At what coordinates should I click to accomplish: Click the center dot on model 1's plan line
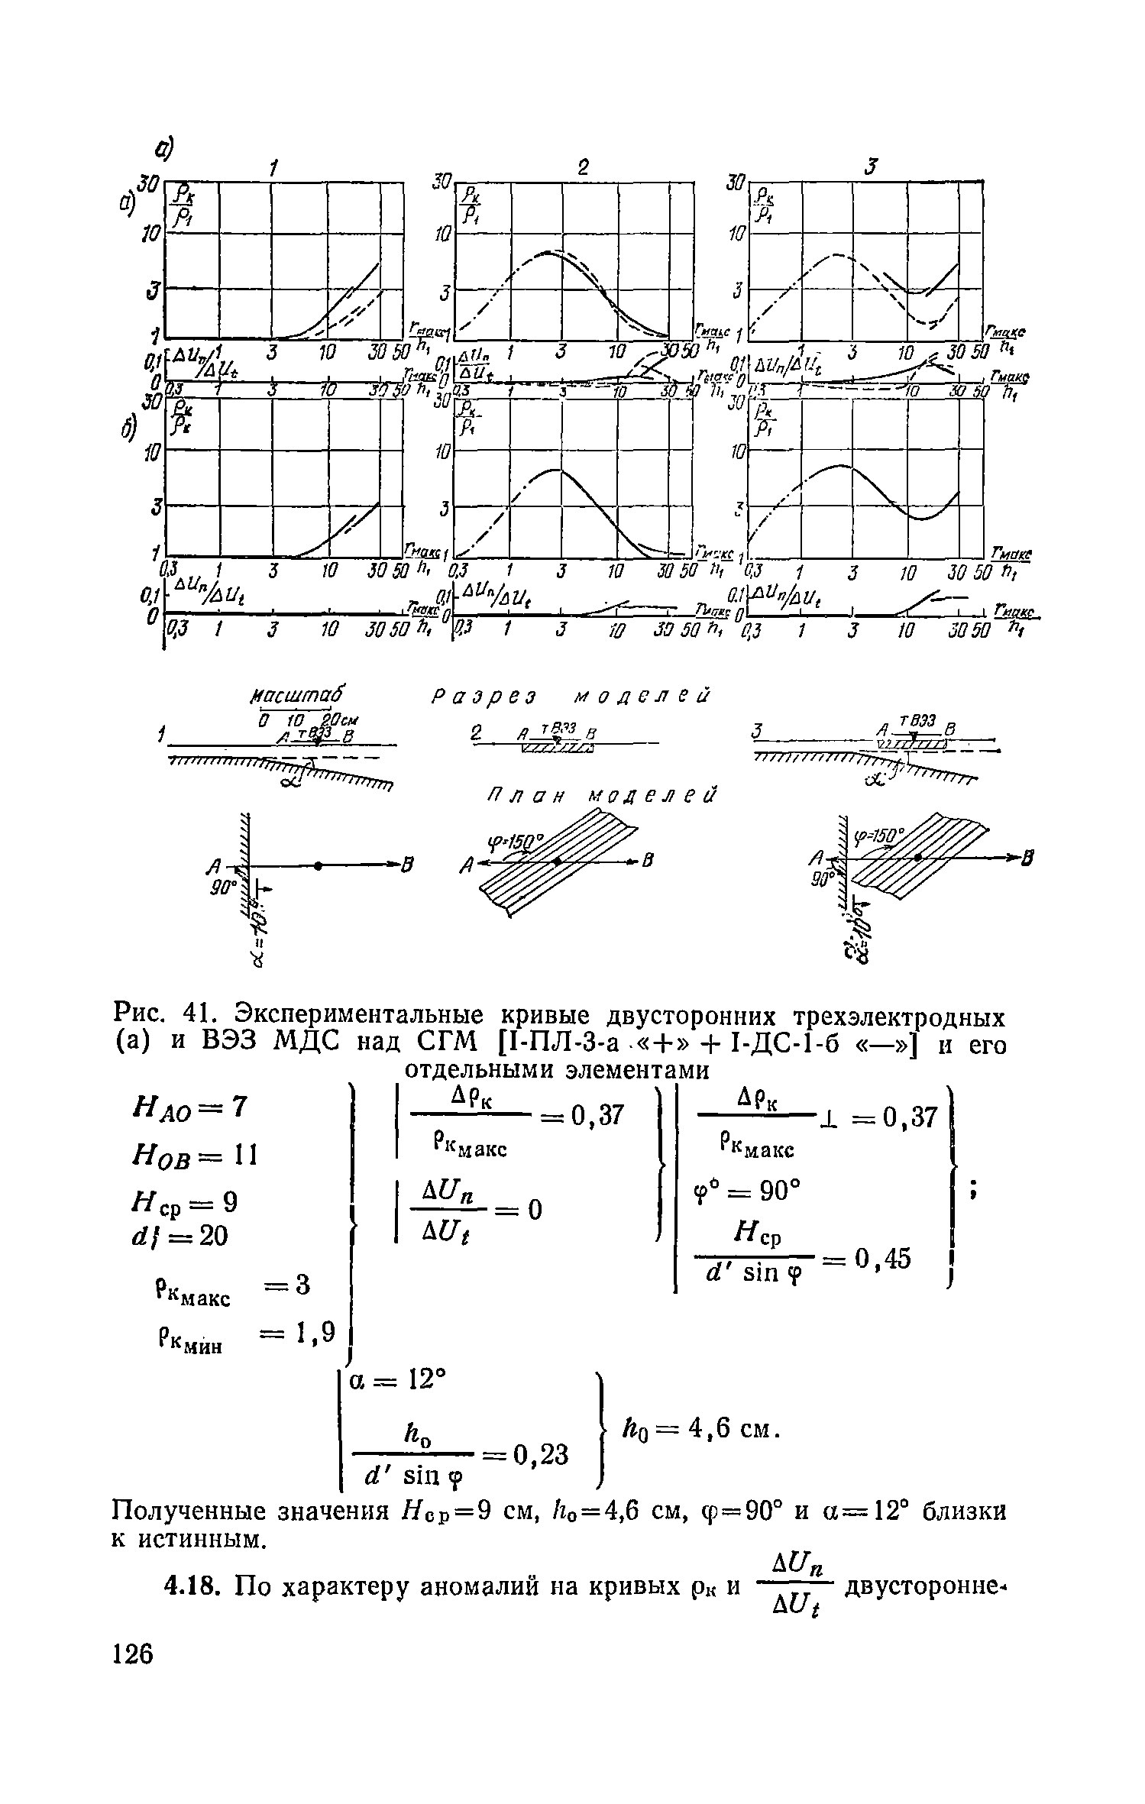317,865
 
